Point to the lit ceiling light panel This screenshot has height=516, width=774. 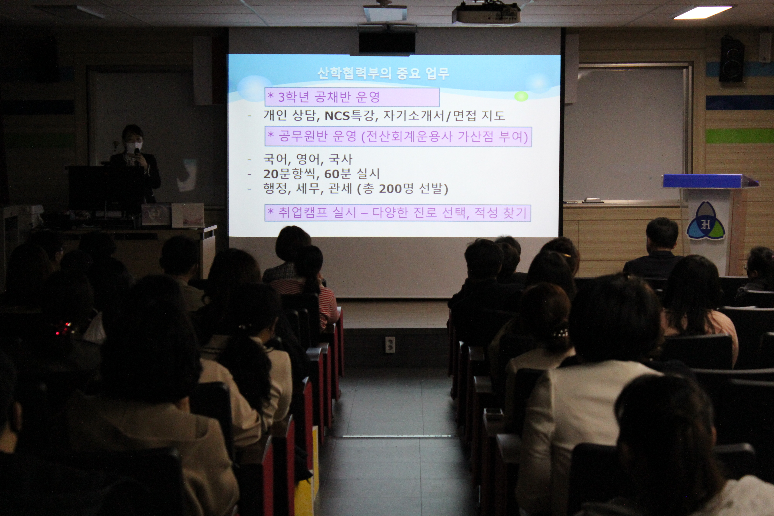point(702,13)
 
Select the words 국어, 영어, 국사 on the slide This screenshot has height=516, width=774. point(308,159)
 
